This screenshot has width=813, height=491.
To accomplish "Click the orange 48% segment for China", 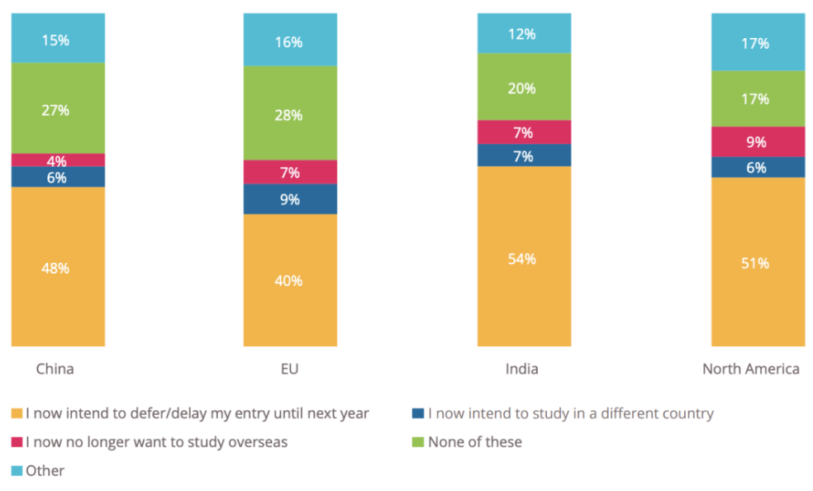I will [x=58, y=267].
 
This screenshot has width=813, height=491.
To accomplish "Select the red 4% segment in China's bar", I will [x=58, y=160].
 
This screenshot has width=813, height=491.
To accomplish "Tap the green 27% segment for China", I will [x=58, y=108].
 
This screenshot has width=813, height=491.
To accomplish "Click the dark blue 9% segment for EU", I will [x=290, y=199].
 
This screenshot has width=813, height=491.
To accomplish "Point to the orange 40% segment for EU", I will [x=290, y=280].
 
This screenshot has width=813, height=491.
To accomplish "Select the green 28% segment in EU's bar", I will [x=290, y=113].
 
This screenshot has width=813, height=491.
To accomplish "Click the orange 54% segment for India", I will [x=524, y=257].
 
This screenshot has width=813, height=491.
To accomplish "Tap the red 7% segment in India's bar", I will [x=524, y=132].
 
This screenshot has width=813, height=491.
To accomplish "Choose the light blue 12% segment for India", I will [x=524, y=33].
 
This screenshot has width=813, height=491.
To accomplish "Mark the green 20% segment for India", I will [x=524, y=87].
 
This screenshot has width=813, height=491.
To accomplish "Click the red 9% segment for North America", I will [x=758, y=141].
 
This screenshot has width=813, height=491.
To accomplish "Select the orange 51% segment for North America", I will [x=758, y=262].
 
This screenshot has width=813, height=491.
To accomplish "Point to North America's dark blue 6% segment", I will [x=758, y=167].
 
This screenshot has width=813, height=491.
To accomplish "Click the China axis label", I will [x=55, y=369].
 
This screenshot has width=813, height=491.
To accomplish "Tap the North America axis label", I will [x=750, y=369].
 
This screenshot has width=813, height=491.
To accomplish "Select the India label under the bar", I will [x=521, y=369].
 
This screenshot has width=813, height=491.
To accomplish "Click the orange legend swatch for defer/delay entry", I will [x=17, y=413].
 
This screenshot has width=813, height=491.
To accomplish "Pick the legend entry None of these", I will [x=474, y=442].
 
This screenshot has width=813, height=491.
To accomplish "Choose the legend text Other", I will [x=45, y=470].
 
